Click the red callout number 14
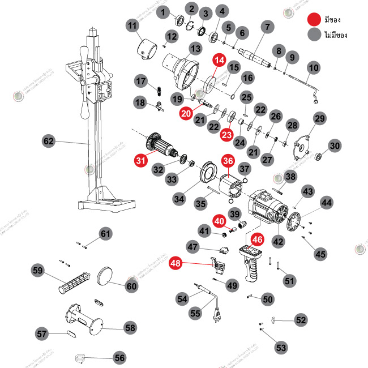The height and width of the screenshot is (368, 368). (x=219, y=59)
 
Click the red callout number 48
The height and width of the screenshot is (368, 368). (x=176, y=263)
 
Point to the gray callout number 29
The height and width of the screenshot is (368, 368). (x=320, y=118)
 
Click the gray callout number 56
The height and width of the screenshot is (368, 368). (x=119, y=358)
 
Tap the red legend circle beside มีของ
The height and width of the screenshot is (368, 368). (x=314, y=19)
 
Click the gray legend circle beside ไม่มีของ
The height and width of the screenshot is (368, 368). (x=314, y=35)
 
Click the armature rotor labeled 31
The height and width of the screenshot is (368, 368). (x=162, y=147)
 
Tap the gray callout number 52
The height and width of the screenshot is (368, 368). (x=301, y=320)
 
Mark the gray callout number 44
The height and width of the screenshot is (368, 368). (x=327, y=202)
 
